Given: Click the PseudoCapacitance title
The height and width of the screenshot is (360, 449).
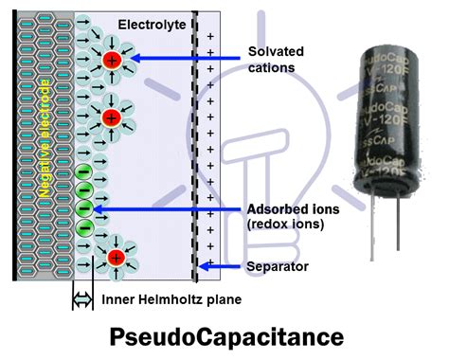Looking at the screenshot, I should (x=225, y=336).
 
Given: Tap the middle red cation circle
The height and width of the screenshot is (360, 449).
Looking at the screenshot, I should (x=111, y=118).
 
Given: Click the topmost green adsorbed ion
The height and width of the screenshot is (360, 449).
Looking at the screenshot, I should (x=82, y=173).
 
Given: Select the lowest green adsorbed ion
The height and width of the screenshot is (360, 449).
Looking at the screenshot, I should (x=82, y=226).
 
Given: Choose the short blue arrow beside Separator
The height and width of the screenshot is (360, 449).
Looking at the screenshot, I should (x=221, y=267).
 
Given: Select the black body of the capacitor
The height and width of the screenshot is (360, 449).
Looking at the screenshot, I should (x=391, y=123).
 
